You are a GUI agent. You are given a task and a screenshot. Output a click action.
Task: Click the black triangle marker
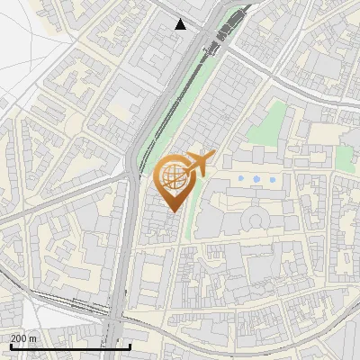pyautogui.click(x=182, y=24)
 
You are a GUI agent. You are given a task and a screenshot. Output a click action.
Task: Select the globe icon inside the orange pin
pyautogui.click(x=172, y=175)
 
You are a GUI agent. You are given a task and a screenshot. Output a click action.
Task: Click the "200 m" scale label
pyautogui.click(x=23, y=338)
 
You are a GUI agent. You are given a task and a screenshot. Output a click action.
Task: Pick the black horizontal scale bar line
pyautogui.click(x=70, y=346)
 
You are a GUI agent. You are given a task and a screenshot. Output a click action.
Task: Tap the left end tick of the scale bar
pyautogui.click(x=11, y=345)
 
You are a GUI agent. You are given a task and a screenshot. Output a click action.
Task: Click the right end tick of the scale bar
pyautogui.click(x=130, y=345)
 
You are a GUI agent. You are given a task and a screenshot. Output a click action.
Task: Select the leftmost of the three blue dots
pyautogui.click(x=242, y=181)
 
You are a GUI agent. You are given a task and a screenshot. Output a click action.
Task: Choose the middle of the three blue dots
pyautogui.click(x=256, y=181)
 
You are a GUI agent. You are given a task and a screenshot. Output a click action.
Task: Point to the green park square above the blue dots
pyautogui.click(x=266, y=126)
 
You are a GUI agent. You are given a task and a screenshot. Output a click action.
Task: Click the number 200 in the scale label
pyautogui.click(x=18, y=338)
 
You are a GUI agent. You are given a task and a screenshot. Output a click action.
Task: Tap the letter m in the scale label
pyautogui.click(x=33, y=338)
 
